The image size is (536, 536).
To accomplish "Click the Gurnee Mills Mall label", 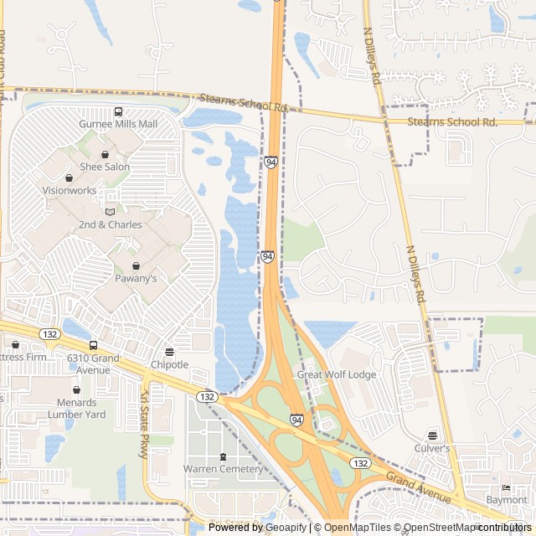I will pos(118,124).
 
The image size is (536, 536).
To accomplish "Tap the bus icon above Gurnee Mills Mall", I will pos(118,111).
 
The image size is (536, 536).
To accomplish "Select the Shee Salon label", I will pos(105,167).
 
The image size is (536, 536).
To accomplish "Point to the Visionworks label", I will pos(69,190).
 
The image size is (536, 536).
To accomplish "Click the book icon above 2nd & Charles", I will pos(110,212).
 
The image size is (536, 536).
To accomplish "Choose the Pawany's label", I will pos(136,278).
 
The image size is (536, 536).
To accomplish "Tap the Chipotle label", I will pos(169,364).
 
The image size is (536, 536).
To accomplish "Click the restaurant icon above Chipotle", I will pos(169,352).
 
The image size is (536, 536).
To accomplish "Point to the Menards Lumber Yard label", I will pos(77,408).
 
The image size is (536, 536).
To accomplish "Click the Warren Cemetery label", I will pos(223,469).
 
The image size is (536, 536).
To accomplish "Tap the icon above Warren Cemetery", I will pos(223,456).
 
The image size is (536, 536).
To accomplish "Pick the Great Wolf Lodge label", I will pos(337,374).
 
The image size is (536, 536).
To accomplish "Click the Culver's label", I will pos(432,448).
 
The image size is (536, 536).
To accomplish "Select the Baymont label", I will pos(507,500).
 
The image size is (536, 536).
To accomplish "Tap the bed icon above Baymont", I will pos(505,488).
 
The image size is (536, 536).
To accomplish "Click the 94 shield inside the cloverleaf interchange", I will pos(296,419).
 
